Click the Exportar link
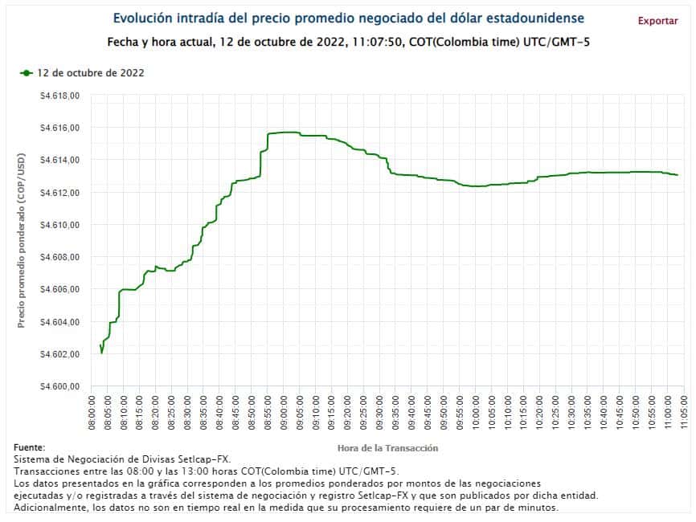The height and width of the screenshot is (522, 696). click(x=657, y=21)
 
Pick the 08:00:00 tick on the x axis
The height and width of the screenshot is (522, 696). click(x=92, y=415)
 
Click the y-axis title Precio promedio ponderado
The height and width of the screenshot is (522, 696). click(x=22, y=241)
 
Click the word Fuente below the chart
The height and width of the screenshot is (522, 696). click(x=30, y=447)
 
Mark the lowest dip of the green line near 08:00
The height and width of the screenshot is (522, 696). click(x=101, y=353)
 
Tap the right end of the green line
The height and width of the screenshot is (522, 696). click(x=678, y=175)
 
